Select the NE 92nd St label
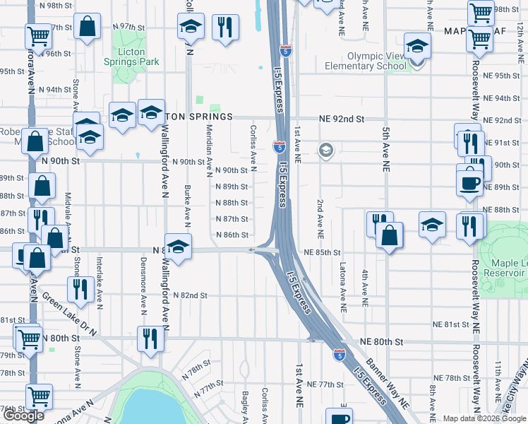tap(341, 119)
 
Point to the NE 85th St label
tap(323, 252)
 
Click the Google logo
tap(23, 416)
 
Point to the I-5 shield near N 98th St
tap(284, 51)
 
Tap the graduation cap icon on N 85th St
tap(179, 247)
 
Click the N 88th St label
tap(231, 203)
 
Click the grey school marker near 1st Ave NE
tap(325, 150)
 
